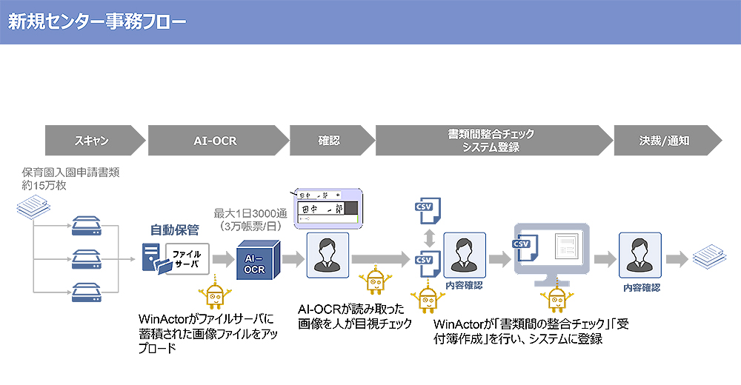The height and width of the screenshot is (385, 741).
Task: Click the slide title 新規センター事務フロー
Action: coord(97,21)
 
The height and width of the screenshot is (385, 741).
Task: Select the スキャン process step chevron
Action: coord(92,139)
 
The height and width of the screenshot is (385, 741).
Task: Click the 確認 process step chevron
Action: coord(329,139)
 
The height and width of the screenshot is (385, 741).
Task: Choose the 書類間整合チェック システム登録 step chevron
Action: coord(491,139)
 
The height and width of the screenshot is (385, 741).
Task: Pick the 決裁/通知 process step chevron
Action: coord(664,139)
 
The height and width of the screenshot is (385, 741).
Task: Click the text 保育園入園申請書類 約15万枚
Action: coord(70,178)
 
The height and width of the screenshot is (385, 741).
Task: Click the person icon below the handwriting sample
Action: coord(327,254)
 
